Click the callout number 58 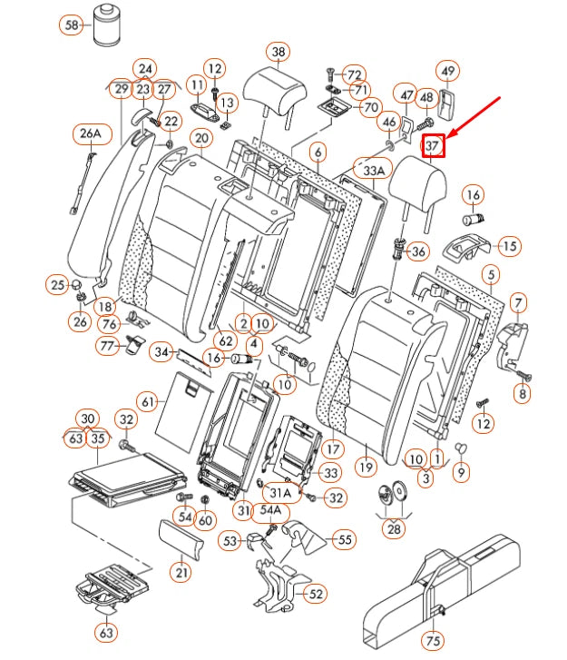[x=72, y=25]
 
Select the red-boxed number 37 [x=434, y=144]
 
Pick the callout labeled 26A [x=89, y=134]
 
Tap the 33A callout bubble [x=375, y=170]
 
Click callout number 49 [x=447, y=70]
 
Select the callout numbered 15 [x=509, y=246]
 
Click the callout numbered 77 [x=109, y=345]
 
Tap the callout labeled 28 [x=393, y=528]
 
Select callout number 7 [x=518, y=302]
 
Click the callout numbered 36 [x=418, y=251]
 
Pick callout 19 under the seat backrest [x=366, y=468]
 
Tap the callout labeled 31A [x=281, y=492]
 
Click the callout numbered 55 [x=344, y=540]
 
